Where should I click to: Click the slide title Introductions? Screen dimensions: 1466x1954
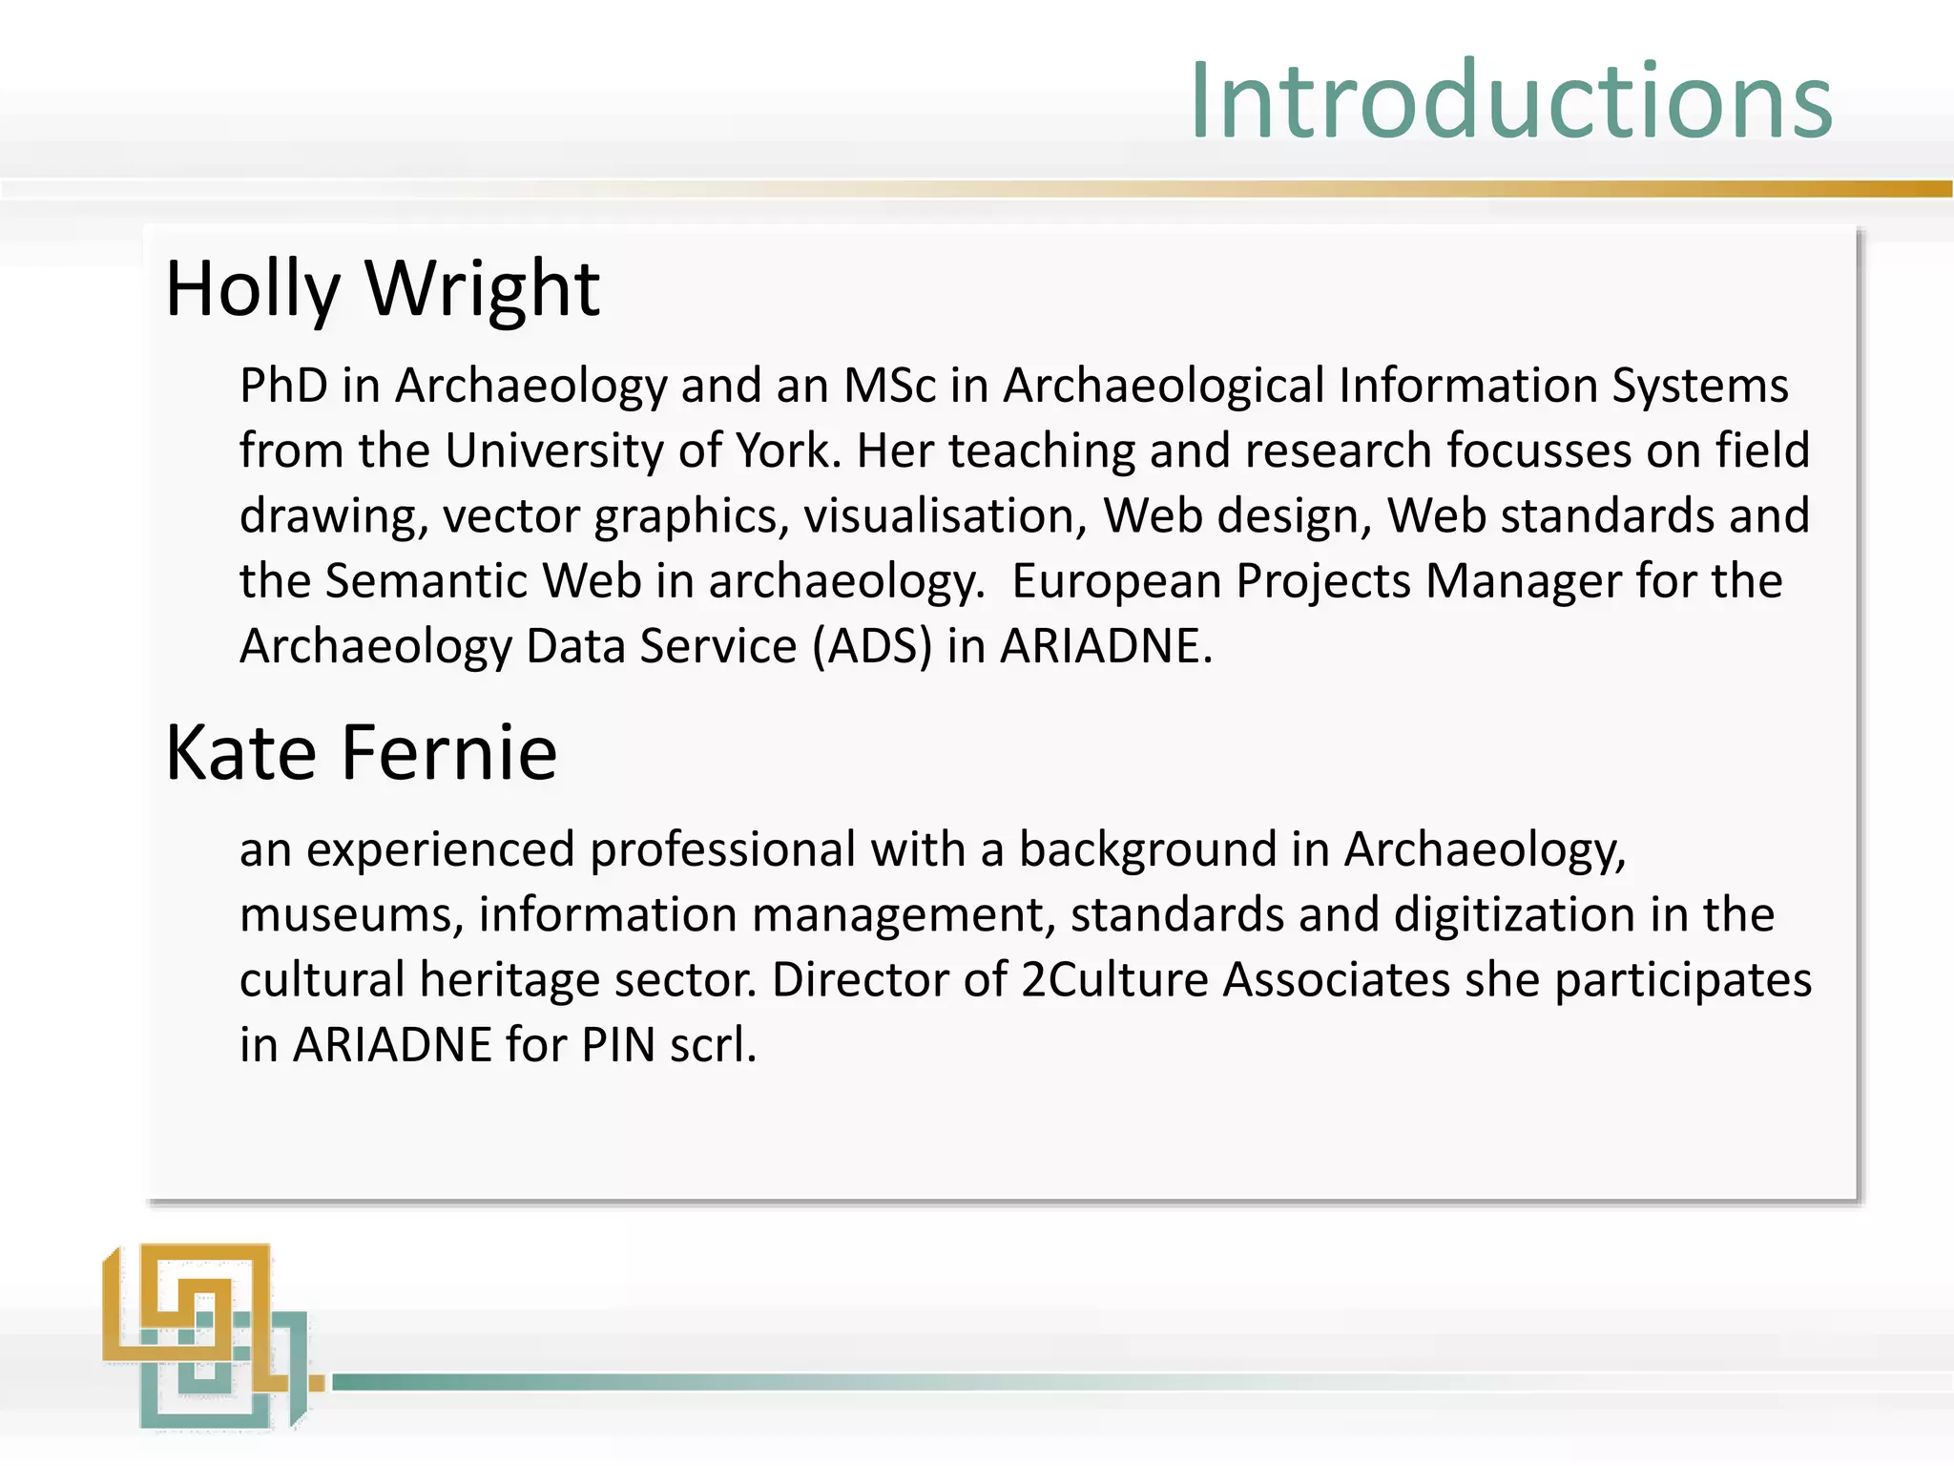(x=1510, y=101)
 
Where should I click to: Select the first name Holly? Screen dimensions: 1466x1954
(x=253, y=289)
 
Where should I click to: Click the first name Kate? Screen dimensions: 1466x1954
(x=240, y=753)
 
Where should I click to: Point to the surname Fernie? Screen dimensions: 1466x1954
(x=448, y=753)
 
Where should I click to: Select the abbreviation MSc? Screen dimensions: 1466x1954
(x=889, y=386)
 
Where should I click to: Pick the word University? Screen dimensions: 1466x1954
(x=554, y=450)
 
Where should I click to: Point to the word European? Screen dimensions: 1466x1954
(x=1116, y=580)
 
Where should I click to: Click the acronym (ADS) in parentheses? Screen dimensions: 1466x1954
(x=872, y=646)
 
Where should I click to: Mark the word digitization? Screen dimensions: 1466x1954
(x=1515, y=914)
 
